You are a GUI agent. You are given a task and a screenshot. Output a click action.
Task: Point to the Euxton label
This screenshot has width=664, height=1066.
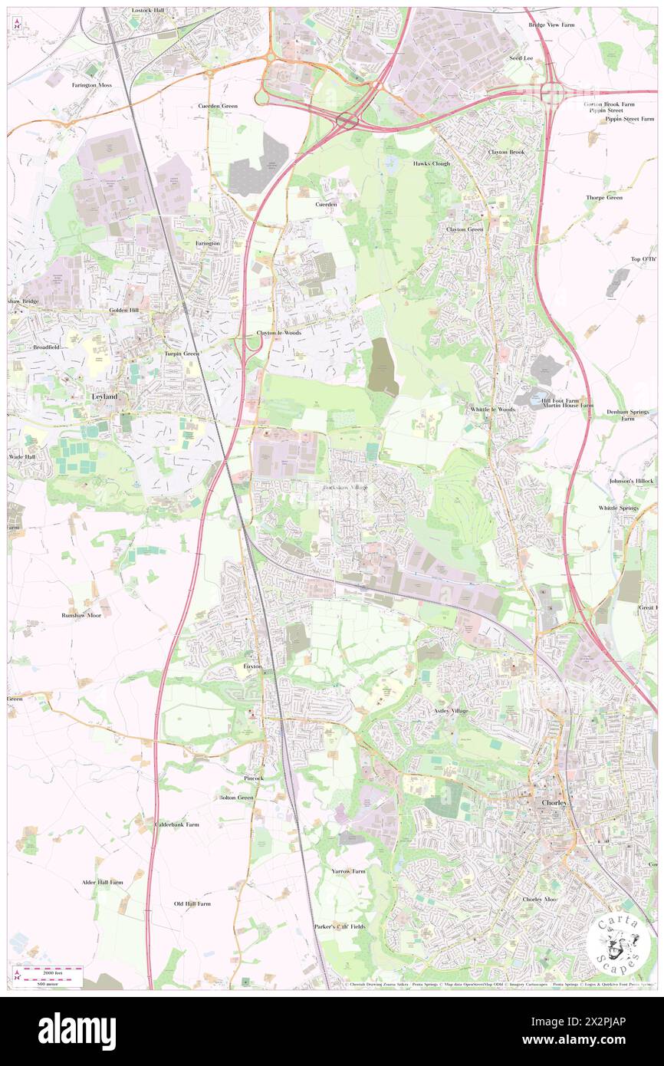pyautogui.click(x=254, y=666)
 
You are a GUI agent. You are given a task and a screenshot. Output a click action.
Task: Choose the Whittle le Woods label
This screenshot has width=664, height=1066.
pyautogui.click(x=493, y=410)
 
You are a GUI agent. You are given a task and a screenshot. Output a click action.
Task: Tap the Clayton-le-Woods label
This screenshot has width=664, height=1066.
pyautogui.click(x=278, y=333)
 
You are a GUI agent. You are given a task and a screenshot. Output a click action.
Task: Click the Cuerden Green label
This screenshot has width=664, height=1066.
pyautogui.click(x=219, y=105)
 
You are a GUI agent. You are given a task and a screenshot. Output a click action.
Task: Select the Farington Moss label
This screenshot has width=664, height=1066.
pyautogui.click(x=92, y=84)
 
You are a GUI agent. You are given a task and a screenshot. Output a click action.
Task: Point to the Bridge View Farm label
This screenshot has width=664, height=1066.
pyautogui.click(x=551, y=25)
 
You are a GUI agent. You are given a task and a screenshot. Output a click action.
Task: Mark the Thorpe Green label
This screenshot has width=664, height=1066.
pyautogui.click(x=604, y=197)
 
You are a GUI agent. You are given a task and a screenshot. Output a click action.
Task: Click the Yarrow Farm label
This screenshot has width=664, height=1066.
pyautogui.click(x=348, y=871)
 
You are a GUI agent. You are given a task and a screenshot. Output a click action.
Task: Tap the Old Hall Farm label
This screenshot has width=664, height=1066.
pyautogui.click(x=192, y=903)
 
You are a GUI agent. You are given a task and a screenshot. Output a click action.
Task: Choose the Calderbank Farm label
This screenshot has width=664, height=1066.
pyautogui.click(x=176, y=824)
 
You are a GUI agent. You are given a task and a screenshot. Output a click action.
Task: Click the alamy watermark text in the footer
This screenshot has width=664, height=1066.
pyautogui.click(x=77, y=1031)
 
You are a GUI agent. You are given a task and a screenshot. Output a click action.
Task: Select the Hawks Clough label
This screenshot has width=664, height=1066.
pyautogui.click(x=432, y=163)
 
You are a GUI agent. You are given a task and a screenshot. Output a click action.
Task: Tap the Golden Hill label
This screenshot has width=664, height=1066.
pyautogui.click(x=123, y=310)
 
